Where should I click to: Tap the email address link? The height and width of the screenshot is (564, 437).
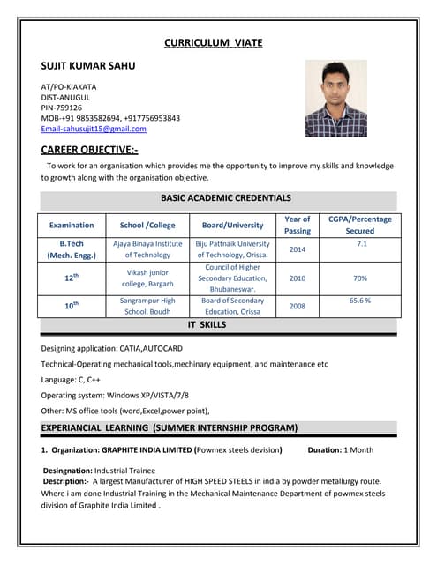point(94,129)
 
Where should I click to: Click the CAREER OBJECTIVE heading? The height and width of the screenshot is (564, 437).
point(89,150)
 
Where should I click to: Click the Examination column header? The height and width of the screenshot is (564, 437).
point(72,225)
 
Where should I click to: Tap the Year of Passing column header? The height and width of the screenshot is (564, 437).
point(298,225)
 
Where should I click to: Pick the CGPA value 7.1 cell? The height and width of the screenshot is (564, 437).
point(362,243)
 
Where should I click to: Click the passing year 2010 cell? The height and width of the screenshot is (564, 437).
point(298,278)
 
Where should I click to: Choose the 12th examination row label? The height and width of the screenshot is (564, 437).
point(72,278)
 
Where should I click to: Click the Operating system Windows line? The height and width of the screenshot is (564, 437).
point(115,395)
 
